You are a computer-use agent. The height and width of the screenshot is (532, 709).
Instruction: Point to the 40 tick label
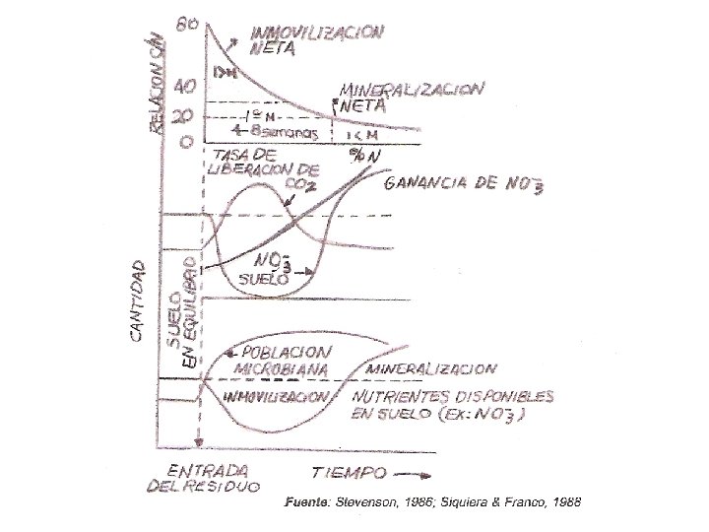185,86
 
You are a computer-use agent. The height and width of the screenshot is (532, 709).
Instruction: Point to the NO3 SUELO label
267,269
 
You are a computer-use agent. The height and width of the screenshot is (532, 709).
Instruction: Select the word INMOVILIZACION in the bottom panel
277,396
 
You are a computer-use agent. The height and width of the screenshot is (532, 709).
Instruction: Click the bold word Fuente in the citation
306,501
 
